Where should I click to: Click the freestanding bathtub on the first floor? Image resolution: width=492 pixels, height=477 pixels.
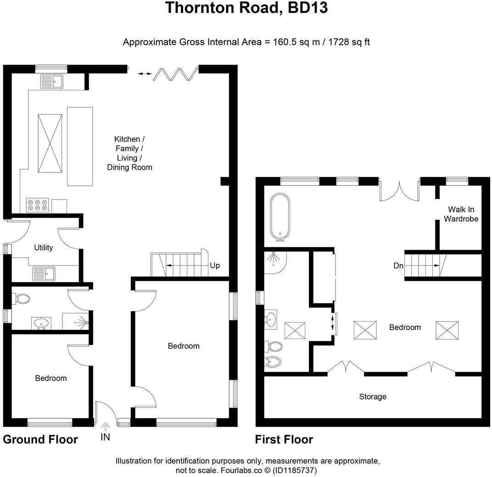[280, 216]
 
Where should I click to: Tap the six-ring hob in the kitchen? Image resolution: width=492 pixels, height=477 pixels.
[38, 205]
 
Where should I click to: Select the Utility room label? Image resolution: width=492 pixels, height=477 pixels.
[44, 248]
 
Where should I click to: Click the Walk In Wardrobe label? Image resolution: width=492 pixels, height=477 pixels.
[461, 214]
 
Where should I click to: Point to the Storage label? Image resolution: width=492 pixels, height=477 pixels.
[373, 397]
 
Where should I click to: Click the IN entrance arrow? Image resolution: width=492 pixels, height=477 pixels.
[106, 427]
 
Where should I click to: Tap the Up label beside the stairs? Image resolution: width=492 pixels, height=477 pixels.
[214, 266]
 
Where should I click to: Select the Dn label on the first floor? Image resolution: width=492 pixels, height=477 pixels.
[398, 266]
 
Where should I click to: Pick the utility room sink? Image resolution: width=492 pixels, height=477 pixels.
[44, 274]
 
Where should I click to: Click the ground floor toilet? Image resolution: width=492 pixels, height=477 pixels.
[22, 299]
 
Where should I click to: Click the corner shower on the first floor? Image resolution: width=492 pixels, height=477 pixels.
[274, 261]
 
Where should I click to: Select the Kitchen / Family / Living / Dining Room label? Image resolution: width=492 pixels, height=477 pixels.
[129, 153]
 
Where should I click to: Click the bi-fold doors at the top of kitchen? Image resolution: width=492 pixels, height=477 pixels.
[174, 73]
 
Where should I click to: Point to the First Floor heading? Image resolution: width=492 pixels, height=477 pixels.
[284, 439]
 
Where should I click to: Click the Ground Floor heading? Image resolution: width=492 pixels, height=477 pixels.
[40, 439]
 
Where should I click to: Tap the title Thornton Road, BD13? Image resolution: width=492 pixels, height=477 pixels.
[246, 8]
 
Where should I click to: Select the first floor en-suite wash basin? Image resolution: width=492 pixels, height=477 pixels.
[271, 318]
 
